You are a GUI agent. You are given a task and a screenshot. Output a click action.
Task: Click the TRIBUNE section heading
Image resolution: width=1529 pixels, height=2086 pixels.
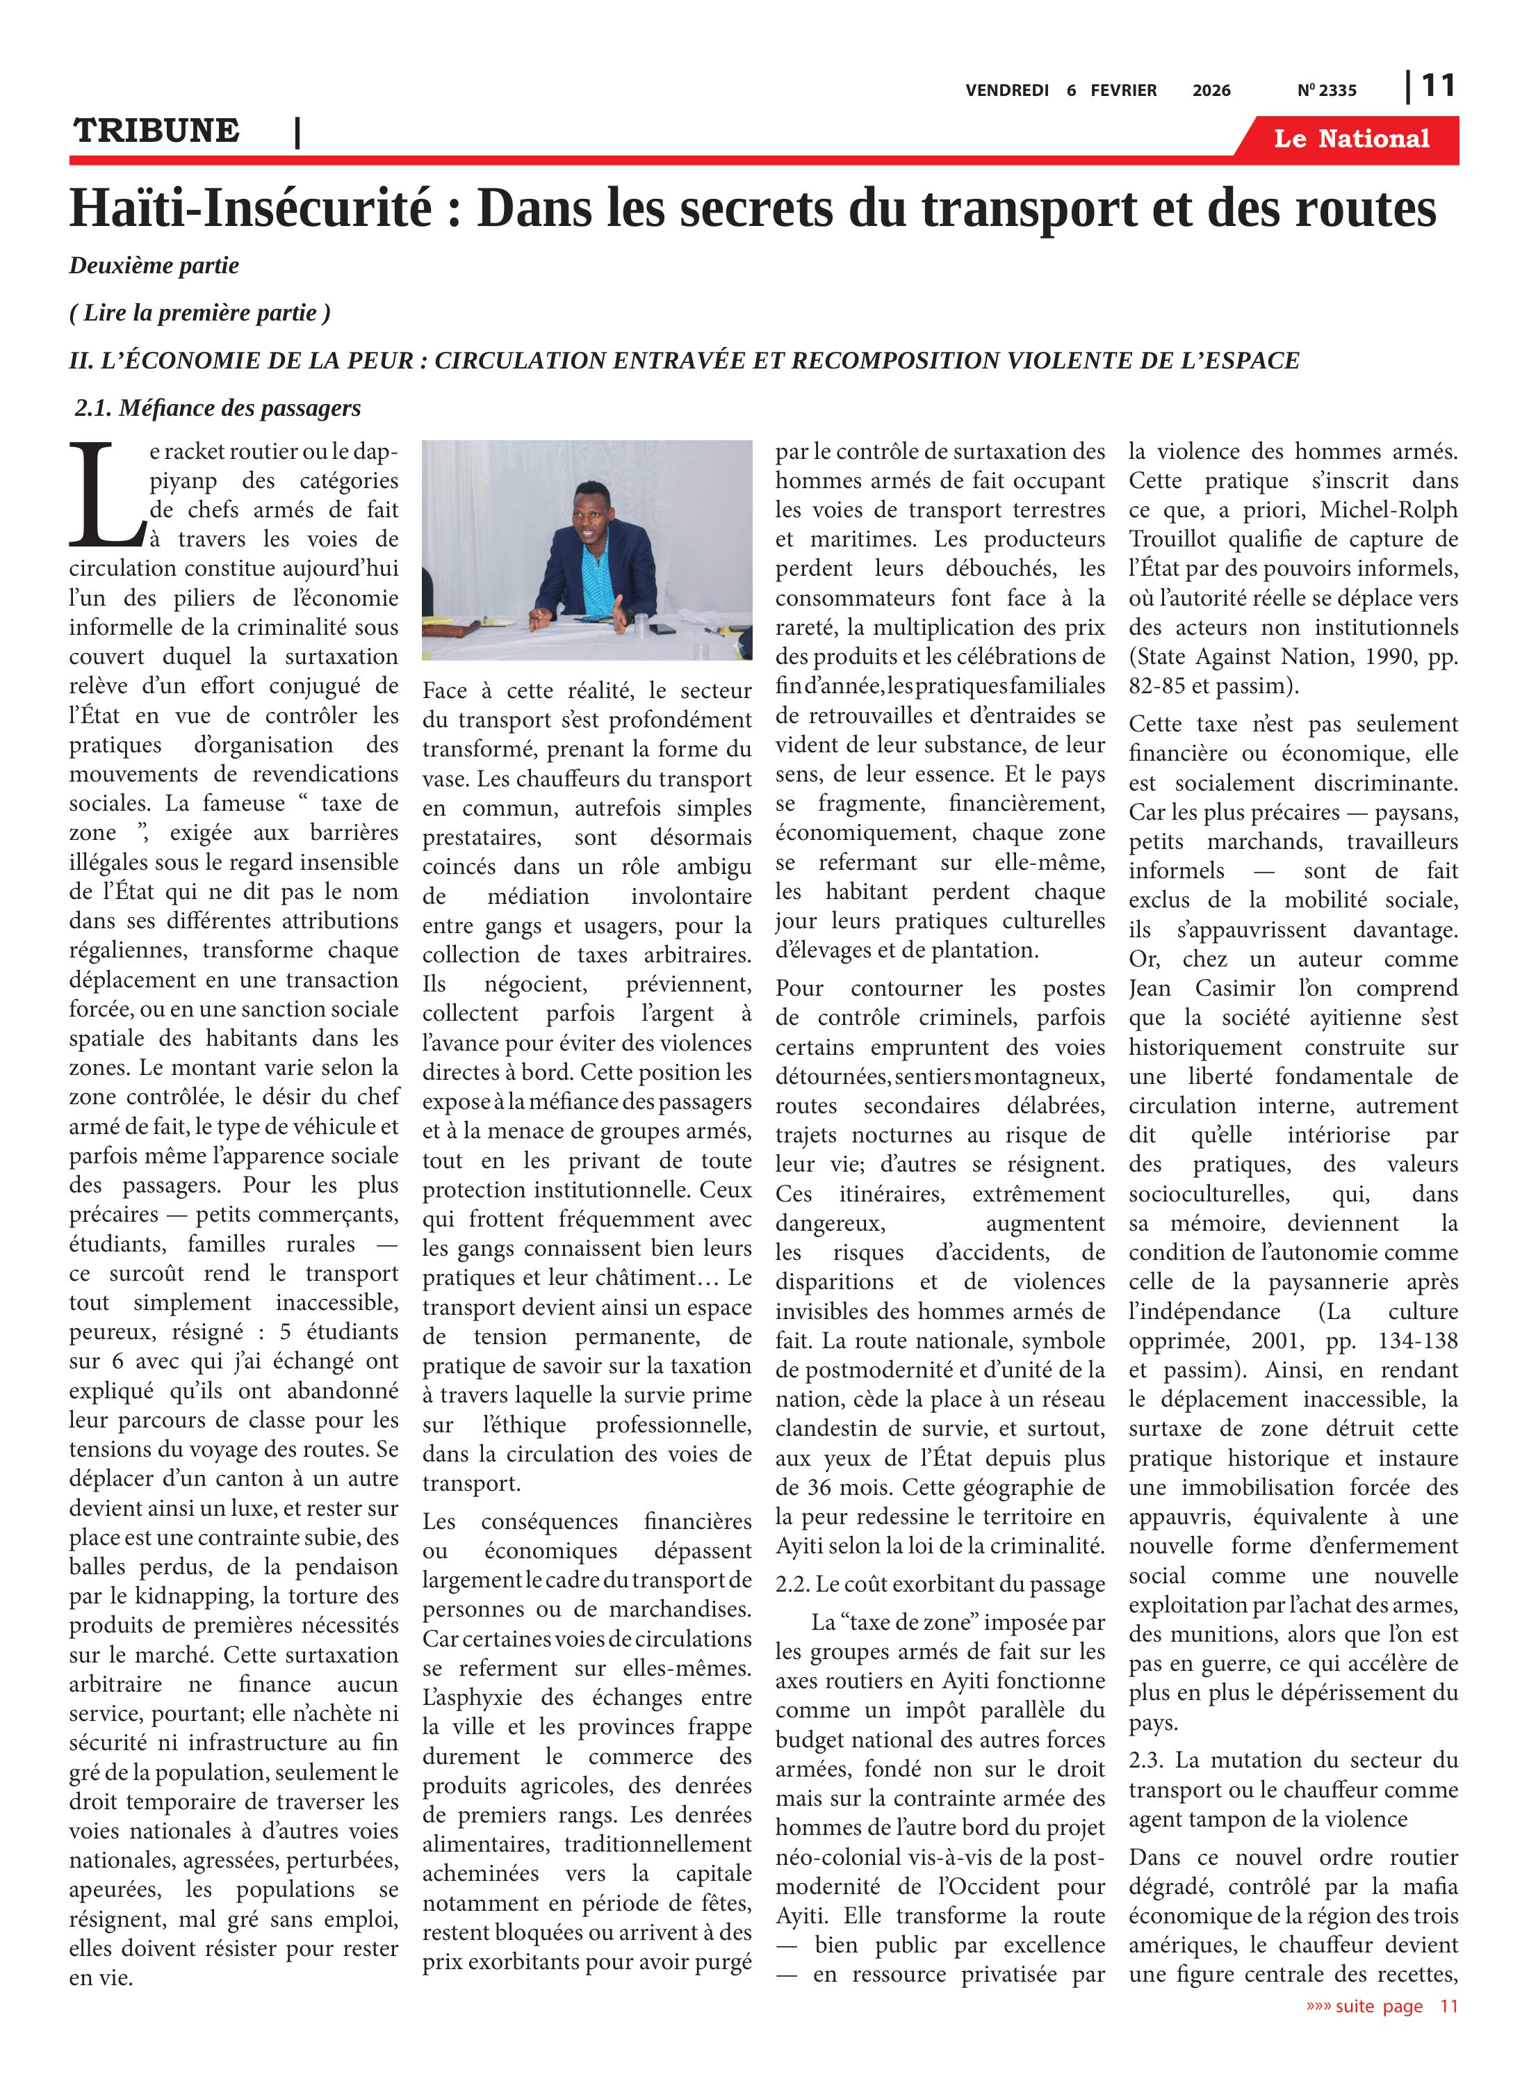[x=156, y=131]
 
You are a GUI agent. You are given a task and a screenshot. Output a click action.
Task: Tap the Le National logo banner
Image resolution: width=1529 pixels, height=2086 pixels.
[x=1350, y=139]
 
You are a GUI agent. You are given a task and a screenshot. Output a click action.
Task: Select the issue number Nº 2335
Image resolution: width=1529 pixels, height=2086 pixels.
[x=1326, y=90]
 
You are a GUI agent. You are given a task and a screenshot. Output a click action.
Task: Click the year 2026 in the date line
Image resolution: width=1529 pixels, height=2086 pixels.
[x=1211, y=90]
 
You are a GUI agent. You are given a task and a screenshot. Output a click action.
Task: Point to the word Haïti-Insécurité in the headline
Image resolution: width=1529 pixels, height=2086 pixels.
[x=251, y=209]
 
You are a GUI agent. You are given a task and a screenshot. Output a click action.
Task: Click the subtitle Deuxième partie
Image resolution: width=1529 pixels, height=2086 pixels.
[x=154, y=266]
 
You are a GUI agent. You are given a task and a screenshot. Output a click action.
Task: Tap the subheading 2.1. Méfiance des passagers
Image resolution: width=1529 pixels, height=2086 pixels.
[x=218, y=408]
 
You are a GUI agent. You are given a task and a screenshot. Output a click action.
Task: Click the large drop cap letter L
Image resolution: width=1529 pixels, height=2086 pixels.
[x=104, y=495]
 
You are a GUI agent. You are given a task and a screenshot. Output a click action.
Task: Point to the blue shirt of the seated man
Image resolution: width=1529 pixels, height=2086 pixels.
[x=592, y=574]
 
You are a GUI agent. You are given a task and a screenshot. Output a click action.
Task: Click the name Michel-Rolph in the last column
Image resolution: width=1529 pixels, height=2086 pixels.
[x=1387, y=510]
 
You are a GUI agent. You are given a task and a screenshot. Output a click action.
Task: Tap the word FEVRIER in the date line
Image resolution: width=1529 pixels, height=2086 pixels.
[x=1122, y=90]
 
